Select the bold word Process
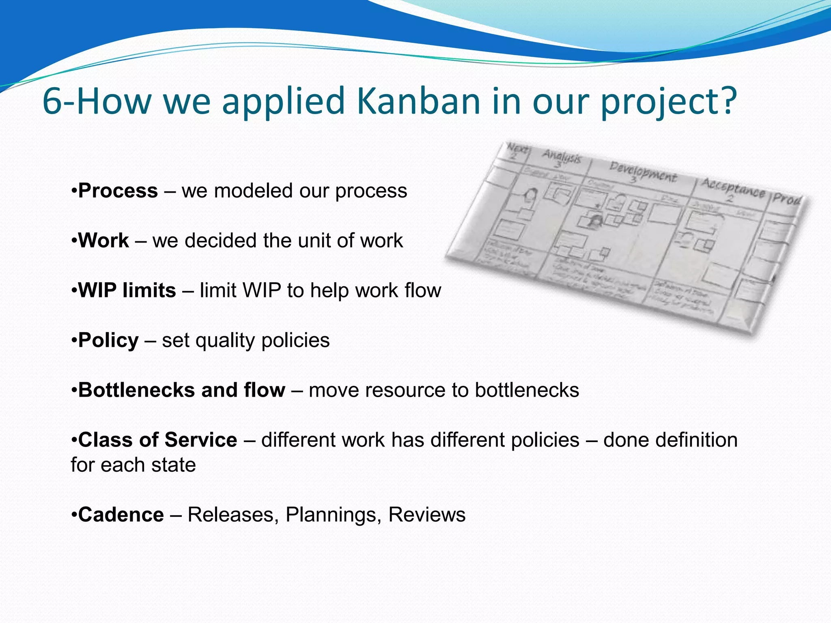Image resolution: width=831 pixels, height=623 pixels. coord(118,191)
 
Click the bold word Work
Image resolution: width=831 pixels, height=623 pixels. coord(103,241)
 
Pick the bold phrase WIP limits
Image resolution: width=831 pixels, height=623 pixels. coord(127,290)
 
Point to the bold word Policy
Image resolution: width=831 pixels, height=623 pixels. coord(108,340)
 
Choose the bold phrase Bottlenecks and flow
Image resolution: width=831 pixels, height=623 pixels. coord(181,390)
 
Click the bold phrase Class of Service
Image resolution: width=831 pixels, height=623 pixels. coord(157,440)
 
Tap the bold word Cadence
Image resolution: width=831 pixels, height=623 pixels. coord(121,515)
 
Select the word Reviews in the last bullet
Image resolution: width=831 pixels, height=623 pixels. coord(426,515)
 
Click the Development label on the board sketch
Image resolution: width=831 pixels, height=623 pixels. coord(643,172)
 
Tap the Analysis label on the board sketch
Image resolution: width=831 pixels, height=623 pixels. coord(562,156)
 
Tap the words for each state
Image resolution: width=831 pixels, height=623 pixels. coord(133,465)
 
